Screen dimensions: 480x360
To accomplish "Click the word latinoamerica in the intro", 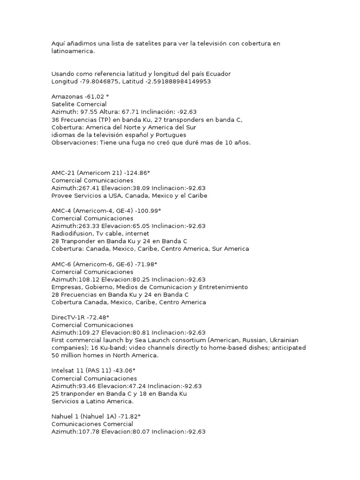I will pyautogui.click(x=72, y=51).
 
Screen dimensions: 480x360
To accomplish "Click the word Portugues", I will pyautogui.click(x=171, y=135).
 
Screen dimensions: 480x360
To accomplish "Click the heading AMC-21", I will pyautogui.click(x=62, y=173).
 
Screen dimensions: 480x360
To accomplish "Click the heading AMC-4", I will pyautogui.click(x=61, y=211).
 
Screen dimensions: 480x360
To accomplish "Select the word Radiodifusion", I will pyautogui.click(x=73, y=233).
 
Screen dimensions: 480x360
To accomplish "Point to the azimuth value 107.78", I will pyautogui.click(x=91, y=432).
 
